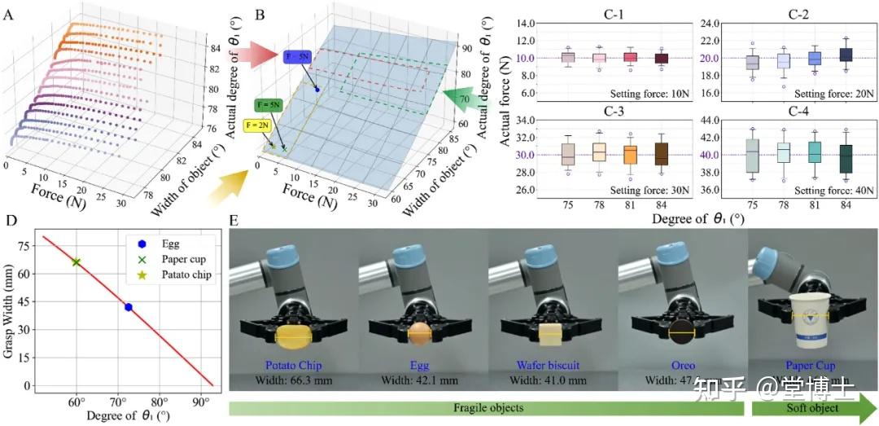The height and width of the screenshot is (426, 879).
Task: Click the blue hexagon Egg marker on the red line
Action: coord(128,306)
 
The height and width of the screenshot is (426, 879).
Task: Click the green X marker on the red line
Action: coord(77,262)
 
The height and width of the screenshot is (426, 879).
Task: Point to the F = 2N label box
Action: coord(273,125)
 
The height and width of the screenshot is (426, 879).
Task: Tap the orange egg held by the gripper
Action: coord(418,332)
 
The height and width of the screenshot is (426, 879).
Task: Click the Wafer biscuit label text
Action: coord(549,366)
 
